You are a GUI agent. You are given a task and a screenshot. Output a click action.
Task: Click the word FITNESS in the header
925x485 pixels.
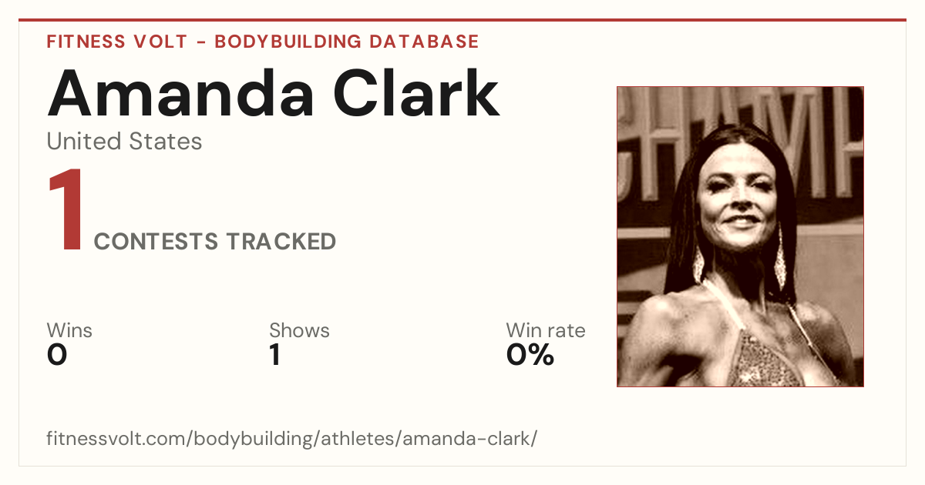[x=86, y=42]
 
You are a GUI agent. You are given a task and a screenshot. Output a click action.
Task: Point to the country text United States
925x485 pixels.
[x=124, y=141]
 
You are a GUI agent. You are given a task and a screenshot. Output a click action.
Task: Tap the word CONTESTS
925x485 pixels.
[x=156, y=241]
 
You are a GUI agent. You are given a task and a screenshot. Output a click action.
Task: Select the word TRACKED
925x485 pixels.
[x=281, y=241]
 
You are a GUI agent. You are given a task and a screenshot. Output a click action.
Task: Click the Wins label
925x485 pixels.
[x=69, y=330]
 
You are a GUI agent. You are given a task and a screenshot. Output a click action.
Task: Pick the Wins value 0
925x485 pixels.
[x=57, y=355]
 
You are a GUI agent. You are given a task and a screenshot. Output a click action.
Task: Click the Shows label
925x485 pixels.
[x=299, y=330]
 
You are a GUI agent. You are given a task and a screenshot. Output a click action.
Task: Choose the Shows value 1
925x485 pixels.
[x=275, y=355]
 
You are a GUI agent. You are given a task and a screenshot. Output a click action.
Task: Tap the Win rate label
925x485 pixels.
[x=546, y=330]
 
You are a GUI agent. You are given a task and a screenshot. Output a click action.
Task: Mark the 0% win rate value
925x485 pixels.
[x=530, y=355]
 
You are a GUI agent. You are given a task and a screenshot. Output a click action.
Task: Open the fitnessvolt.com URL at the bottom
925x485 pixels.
[x=292, y=438]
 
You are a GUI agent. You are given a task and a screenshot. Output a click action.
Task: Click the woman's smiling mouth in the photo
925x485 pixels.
[x=741, y=221]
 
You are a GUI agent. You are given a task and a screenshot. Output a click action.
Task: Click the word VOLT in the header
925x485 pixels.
[x=160, y=42]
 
